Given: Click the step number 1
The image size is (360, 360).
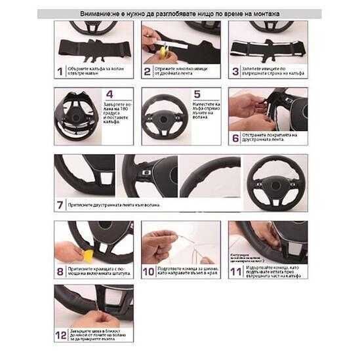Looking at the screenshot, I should pyautogui.click(x=59, y=71).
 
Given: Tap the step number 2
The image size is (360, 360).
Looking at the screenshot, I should pyautogui.click(x=147, y=71).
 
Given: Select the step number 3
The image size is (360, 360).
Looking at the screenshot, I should pyautogui.click(x=235, y=71).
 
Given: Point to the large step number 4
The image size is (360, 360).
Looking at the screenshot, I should pyautogui.click(x=109, y=94).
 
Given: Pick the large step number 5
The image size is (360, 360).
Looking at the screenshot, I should pyautogui.click(x=197, y=94).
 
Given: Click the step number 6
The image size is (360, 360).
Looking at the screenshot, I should pyautogui.click(x=235, y=138).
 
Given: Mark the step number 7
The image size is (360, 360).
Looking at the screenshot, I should pyautogui.click(x=60, y=205).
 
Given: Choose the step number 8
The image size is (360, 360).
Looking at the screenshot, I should pyautogui.click(x=60, y=270).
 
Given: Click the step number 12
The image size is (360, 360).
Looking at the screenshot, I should pyautogui.click(x=60, y=334).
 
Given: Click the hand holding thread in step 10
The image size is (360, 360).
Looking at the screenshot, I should pyautogui.click(x=157, y=244).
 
